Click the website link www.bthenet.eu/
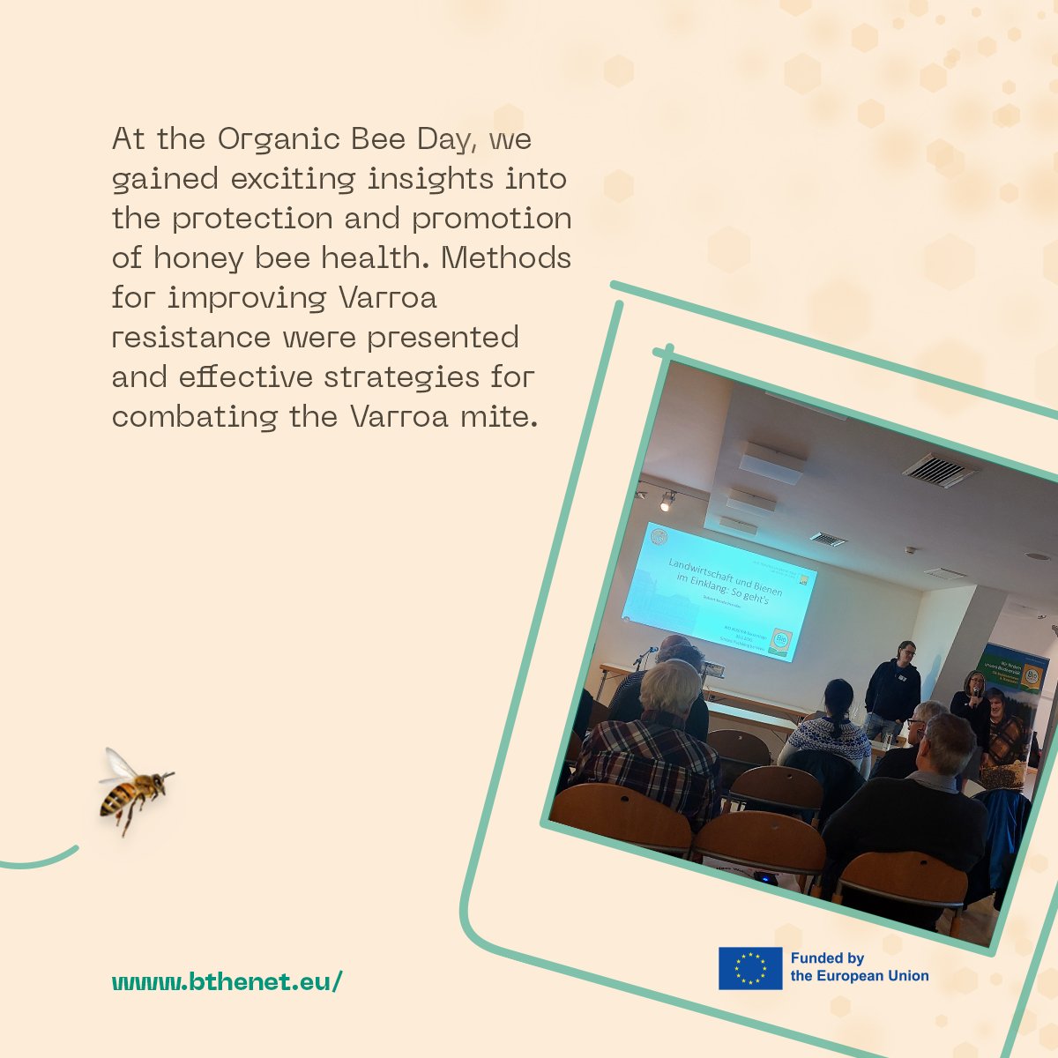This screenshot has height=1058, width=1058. [x=226, y=981]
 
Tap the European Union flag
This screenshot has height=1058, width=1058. [x=749, y=968]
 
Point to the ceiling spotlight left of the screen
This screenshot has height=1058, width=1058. [x=667, y=502]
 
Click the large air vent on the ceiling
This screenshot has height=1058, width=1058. [x=940, y=470]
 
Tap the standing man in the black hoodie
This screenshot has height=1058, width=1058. [x=894, y=689]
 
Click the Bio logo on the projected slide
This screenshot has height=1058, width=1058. [x=780, y=639]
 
